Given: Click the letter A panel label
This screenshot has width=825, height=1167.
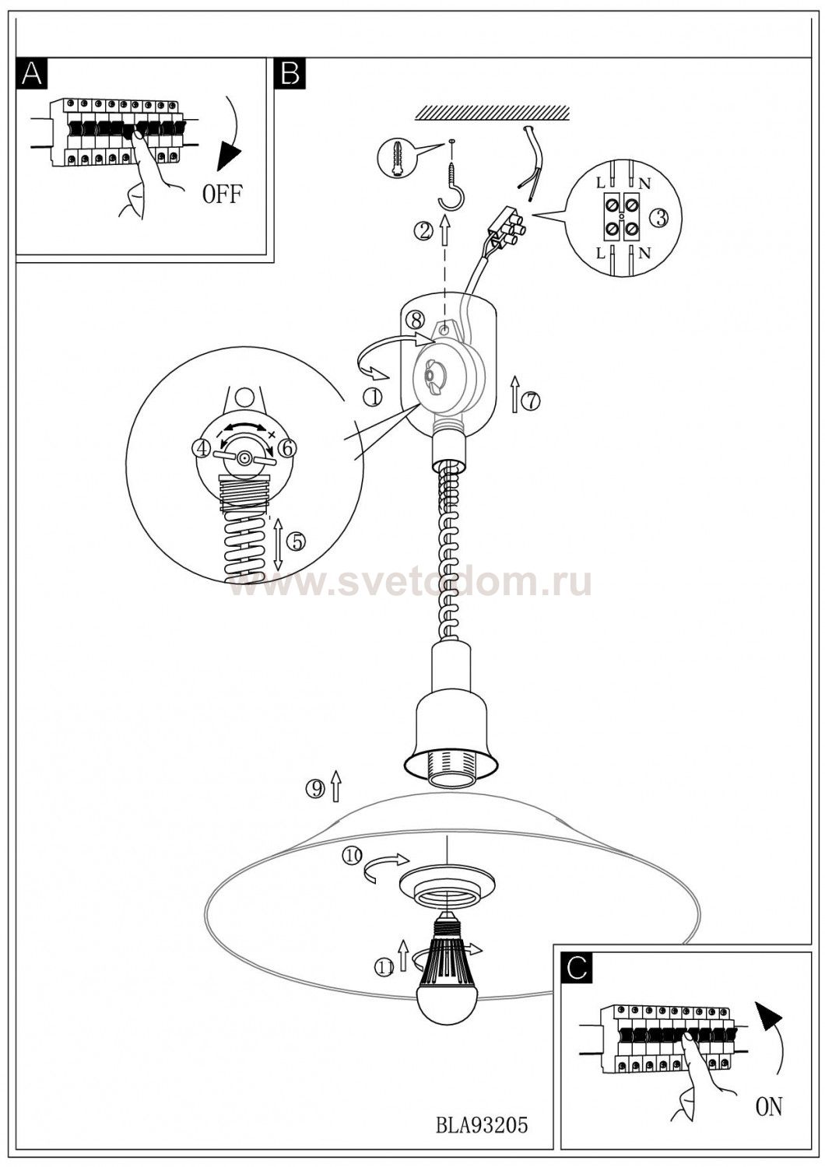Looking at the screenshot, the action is tap(32, 72).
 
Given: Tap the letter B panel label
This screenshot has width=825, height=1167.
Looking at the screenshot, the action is tap(290, 72).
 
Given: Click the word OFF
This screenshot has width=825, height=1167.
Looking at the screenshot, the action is tap(222, 194).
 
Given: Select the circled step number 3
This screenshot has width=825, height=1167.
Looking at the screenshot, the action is tap(660, 219).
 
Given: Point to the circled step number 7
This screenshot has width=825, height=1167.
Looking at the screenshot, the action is tap(531, 401).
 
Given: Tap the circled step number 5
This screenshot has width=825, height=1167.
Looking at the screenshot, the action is tap(296, 541).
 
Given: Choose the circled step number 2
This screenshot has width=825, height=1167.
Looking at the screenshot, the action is tap(423, 231).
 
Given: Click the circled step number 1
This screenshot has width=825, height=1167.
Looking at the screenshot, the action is tap(373, 398).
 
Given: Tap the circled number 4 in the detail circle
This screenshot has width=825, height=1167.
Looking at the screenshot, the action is tap(202, 447).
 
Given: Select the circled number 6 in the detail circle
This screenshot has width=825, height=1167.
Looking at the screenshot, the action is tap(287, 447).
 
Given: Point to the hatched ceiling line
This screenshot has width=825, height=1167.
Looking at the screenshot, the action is tap(493, 114).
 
